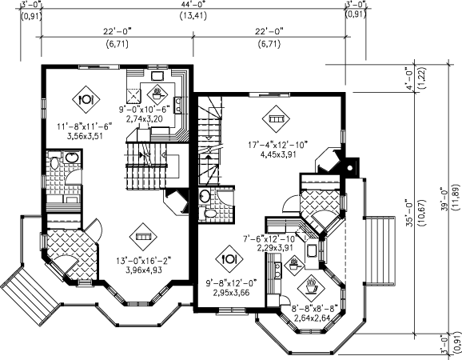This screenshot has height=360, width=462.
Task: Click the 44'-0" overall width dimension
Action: click(x=193, y=4)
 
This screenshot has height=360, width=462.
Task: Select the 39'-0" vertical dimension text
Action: click(x=444, y=199)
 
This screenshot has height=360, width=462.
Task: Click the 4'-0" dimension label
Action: click(x=410, y=78)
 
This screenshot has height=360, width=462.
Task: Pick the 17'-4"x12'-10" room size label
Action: click(x=278, y=145)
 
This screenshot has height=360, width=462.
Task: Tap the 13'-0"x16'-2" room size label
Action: click(x=144, y=261)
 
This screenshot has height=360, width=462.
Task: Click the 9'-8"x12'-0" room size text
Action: click(x=231, y=283)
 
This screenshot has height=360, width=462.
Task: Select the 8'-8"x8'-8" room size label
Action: click(x=314, y=309)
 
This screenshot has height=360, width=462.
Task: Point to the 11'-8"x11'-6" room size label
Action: click(x=85, y=126)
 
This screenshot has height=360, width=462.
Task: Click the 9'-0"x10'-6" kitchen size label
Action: click(x=145, y=110)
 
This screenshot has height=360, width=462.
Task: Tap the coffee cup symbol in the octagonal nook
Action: click(x=312, y=286)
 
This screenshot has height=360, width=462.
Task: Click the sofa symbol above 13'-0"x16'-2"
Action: click(x=143, y=237)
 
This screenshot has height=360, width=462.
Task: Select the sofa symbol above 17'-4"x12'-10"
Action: click(x=276, y=119)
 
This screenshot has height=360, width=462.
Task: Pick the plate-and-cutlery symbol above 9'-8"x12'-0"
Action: click(x=229, y=259)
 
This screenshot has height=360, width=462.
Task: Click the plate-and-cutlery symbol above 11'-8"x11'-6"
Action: click(x=86, y=99)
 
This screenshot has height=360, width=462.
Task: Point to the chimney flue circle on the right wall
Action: click(x=350, y=168)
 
